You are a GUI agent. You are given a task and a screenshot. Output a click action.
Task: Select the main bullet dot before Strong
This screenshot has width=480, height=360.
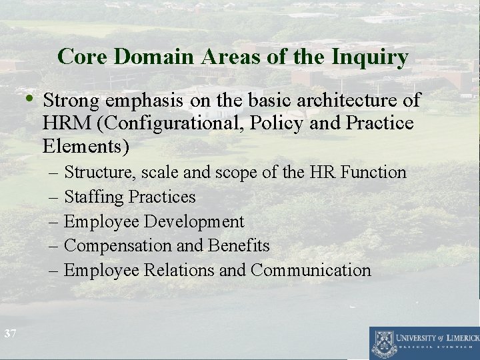point(31,100)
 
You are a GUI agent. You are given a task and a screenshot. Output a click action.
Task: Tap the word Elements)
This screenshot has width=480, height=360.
point(85,145)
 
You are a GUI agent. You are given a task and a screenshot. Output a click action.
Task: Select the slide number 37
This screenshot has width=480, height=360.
point(9,333)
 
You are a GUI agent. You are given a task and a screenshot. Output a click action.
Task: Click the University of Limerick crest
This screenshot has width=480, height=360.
point(383,342)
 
